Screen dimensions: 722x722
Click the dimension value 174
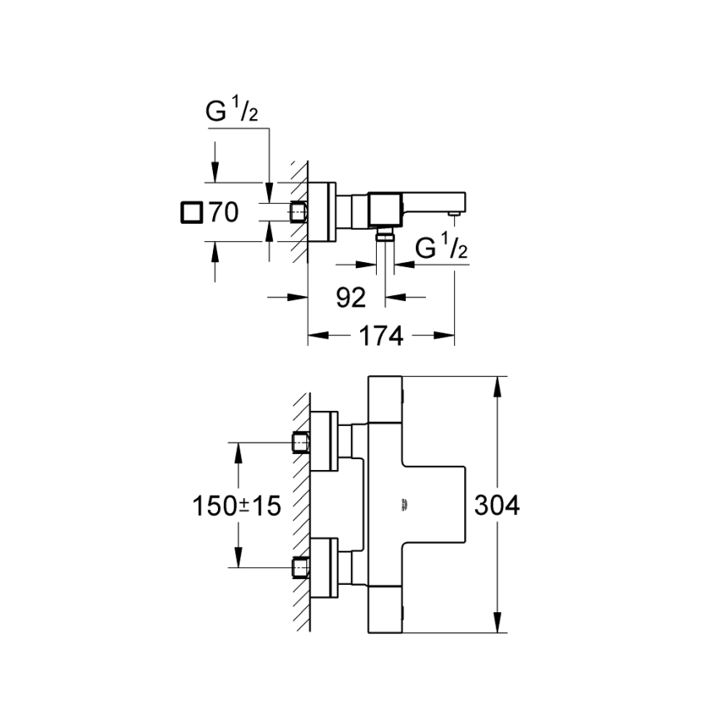(382, 336)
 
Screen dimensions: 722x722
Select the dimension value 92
(352, 297)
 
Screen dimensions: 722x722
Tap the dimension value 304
(497, 505)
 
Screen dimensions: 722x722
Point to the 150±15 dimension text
(237, 505)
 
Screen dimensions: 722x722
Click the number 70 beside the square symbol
(223, 212)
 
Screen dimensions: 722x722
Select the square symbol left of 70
(190, 212)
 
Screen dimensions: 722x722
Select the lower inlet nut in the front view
(299, 568)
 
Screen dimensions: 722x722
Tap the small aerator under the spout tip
(453, 215)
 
